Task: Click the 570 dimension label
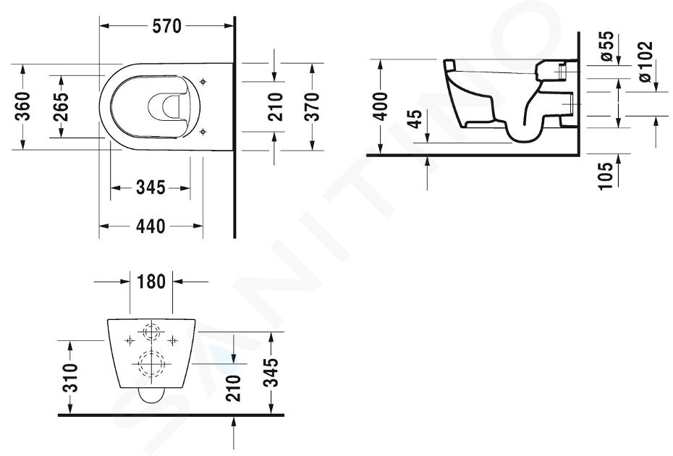pyautogui.click(x=167, y=27)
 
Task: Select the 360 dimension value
pyautogui.click(x=22, y=106)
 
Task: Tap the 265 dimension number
pyautogui.click(x=61, y=106)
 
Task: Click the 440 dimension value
pyautogui.click(x=151, y=226)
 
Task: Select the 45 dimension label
pyautogui.click(x=415, y=119)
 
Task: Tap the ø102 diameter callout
pyautogui.click(x=645, y=61)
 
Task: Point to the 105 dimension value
pyautogui.click(x=606, y=176)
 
